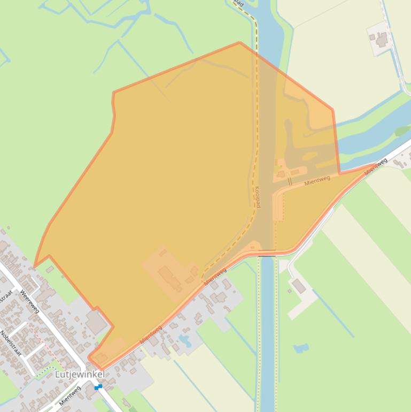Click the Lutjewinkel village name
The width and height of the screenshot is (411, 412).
80,375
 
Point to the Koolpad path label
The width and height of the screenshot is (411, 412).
258,197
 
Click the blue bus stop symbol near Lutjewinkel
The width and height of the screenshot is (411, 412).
98,386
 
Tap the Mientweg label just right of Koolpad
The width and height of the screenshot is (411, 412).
317,181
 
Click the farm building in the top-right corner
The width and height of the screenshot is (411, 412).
381,39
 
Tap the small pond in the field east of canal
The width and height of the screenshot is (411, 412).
301,348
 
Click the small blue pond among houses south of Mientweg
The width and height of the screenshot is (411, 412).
185,340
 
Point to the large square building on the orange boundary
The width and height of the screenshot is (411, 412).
96,323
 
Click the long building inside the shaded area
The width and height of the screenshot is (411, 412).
168,277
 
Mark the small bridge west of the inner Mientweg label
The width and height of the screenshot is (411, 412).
290,182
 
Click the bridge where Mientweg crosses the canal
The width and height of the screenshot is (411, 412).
267,254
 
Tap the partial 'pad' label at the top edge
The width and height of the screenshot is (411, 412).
239,4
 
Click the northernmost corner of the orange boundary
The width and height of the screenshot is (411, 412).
239,42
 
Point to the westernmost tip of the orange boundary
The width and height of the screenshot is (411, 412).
34,266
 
